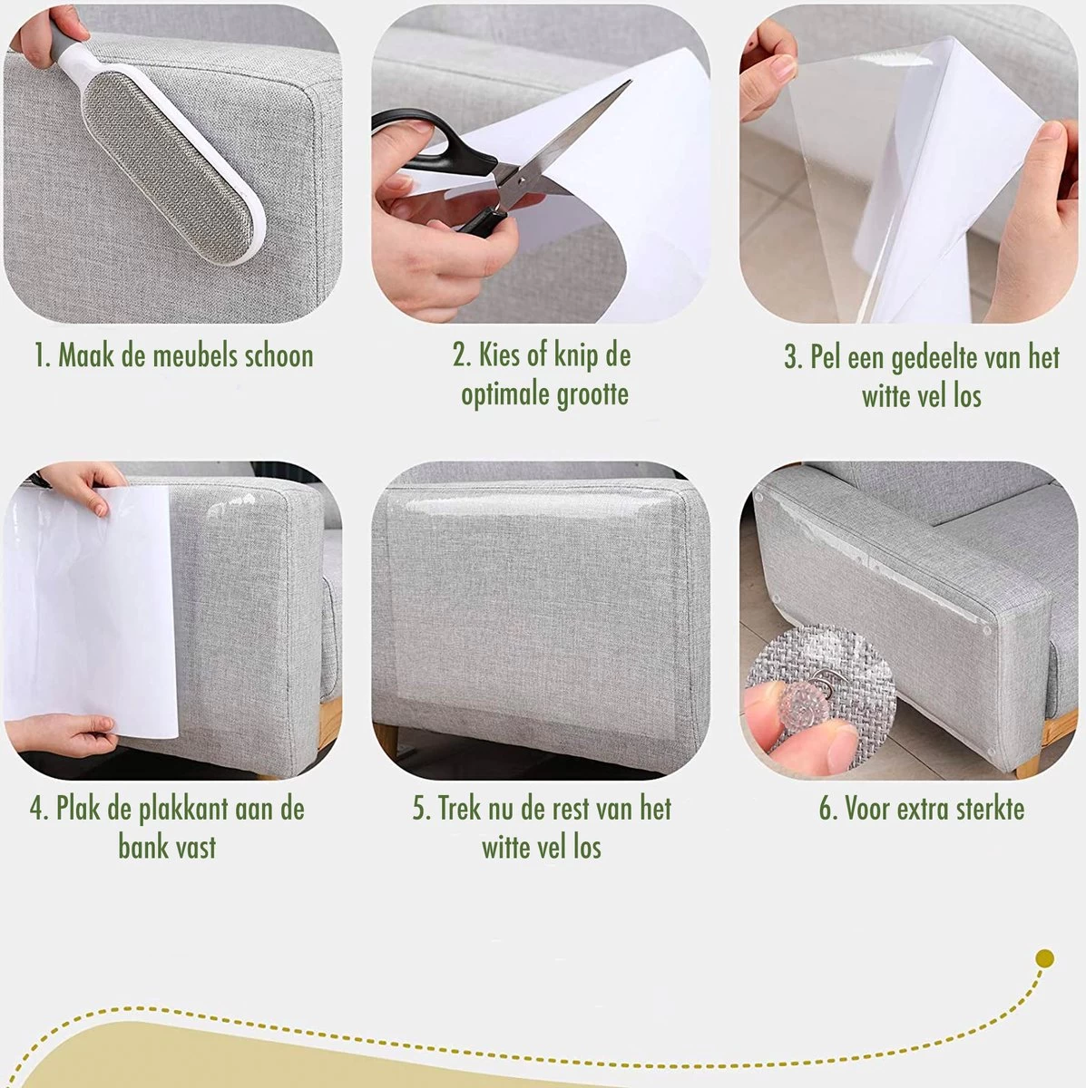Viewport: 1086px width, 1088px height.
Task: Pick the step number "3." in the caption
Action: click(793, 358)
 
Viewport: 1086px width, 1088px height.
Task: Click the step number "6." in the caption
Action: click(828, 809)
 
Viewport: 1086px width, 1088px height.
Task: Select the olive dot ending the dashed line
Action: click(1045, 958)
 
